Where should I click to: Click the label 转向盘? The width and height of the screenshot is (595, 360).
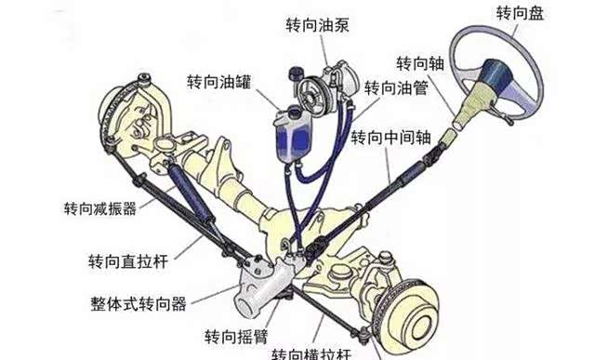(x=520, y=13)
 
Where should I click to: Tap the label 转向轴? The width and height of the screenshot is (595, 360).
(x=420, y=63)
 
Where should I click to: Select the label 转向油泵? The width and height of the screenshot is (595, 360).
(x=317, y=25)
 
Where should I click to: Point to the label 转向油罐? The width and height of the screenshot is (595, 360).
(x=219, y=81)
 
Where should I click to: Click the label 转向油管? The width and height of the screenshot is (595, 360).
(x=396, y=88)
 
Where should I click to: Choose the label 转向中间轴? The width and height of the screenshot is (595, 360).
(x=390, y=137)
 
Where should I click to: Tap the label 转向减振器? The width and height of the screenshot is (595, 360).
(x=100, y=208)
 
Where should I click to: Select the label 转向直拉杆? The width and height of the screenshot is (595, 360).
(x=128, y=261)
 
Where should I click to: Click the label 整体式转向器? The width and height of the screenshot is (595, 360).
(x=139, y=303)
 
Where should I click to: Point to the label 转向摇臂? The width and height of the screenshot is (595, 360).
(x=236, y=337)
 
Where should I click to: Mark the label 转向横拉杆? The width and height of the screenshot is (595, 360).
(x=311, y=354)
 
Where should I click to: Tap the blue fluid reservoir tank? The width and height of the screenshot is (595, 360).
(x=293, y=135)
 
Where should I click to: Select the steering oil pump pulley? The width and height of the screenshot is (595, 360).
(x=311, y=94)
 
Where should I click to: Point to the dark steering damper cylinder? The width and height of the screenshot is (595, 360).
(x=192, y=193)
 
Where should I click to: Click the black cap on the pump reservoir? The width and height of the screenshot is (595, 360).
(x=295, y=72)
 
